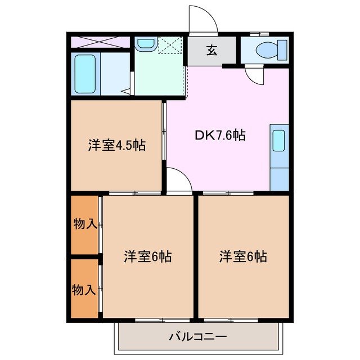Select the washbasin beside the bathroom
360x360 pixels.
pyautogui.click(x=146, y=43)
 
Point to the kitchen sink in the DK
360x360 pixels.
pyautogui.click(x=279, y=141)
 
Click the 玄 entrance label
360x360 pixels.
pyautogui.click(x=211, y=51)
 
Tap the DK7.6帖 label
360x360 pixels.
pyautogui.click(x=220, y=136)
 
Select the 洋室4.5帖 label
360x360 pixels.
pyautogui.click(x=116, y=146)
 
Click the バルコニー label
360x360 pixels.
pyautogui.click(x=197, y=337)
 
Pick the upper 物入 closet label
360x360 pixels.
pyautogui.click(x=84, y=224)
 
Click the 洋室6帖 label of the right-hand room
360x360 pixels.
pyautogui.click(x=243, y=257)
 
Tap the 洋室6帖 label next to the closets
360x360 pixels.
pyautogui.click(x=147, y=257)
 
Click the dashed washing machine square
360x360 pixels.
pyautogui.click(x=170, y=45)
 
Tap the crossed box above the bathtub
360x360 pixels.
pyautogui.click(x=100, y=42)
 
